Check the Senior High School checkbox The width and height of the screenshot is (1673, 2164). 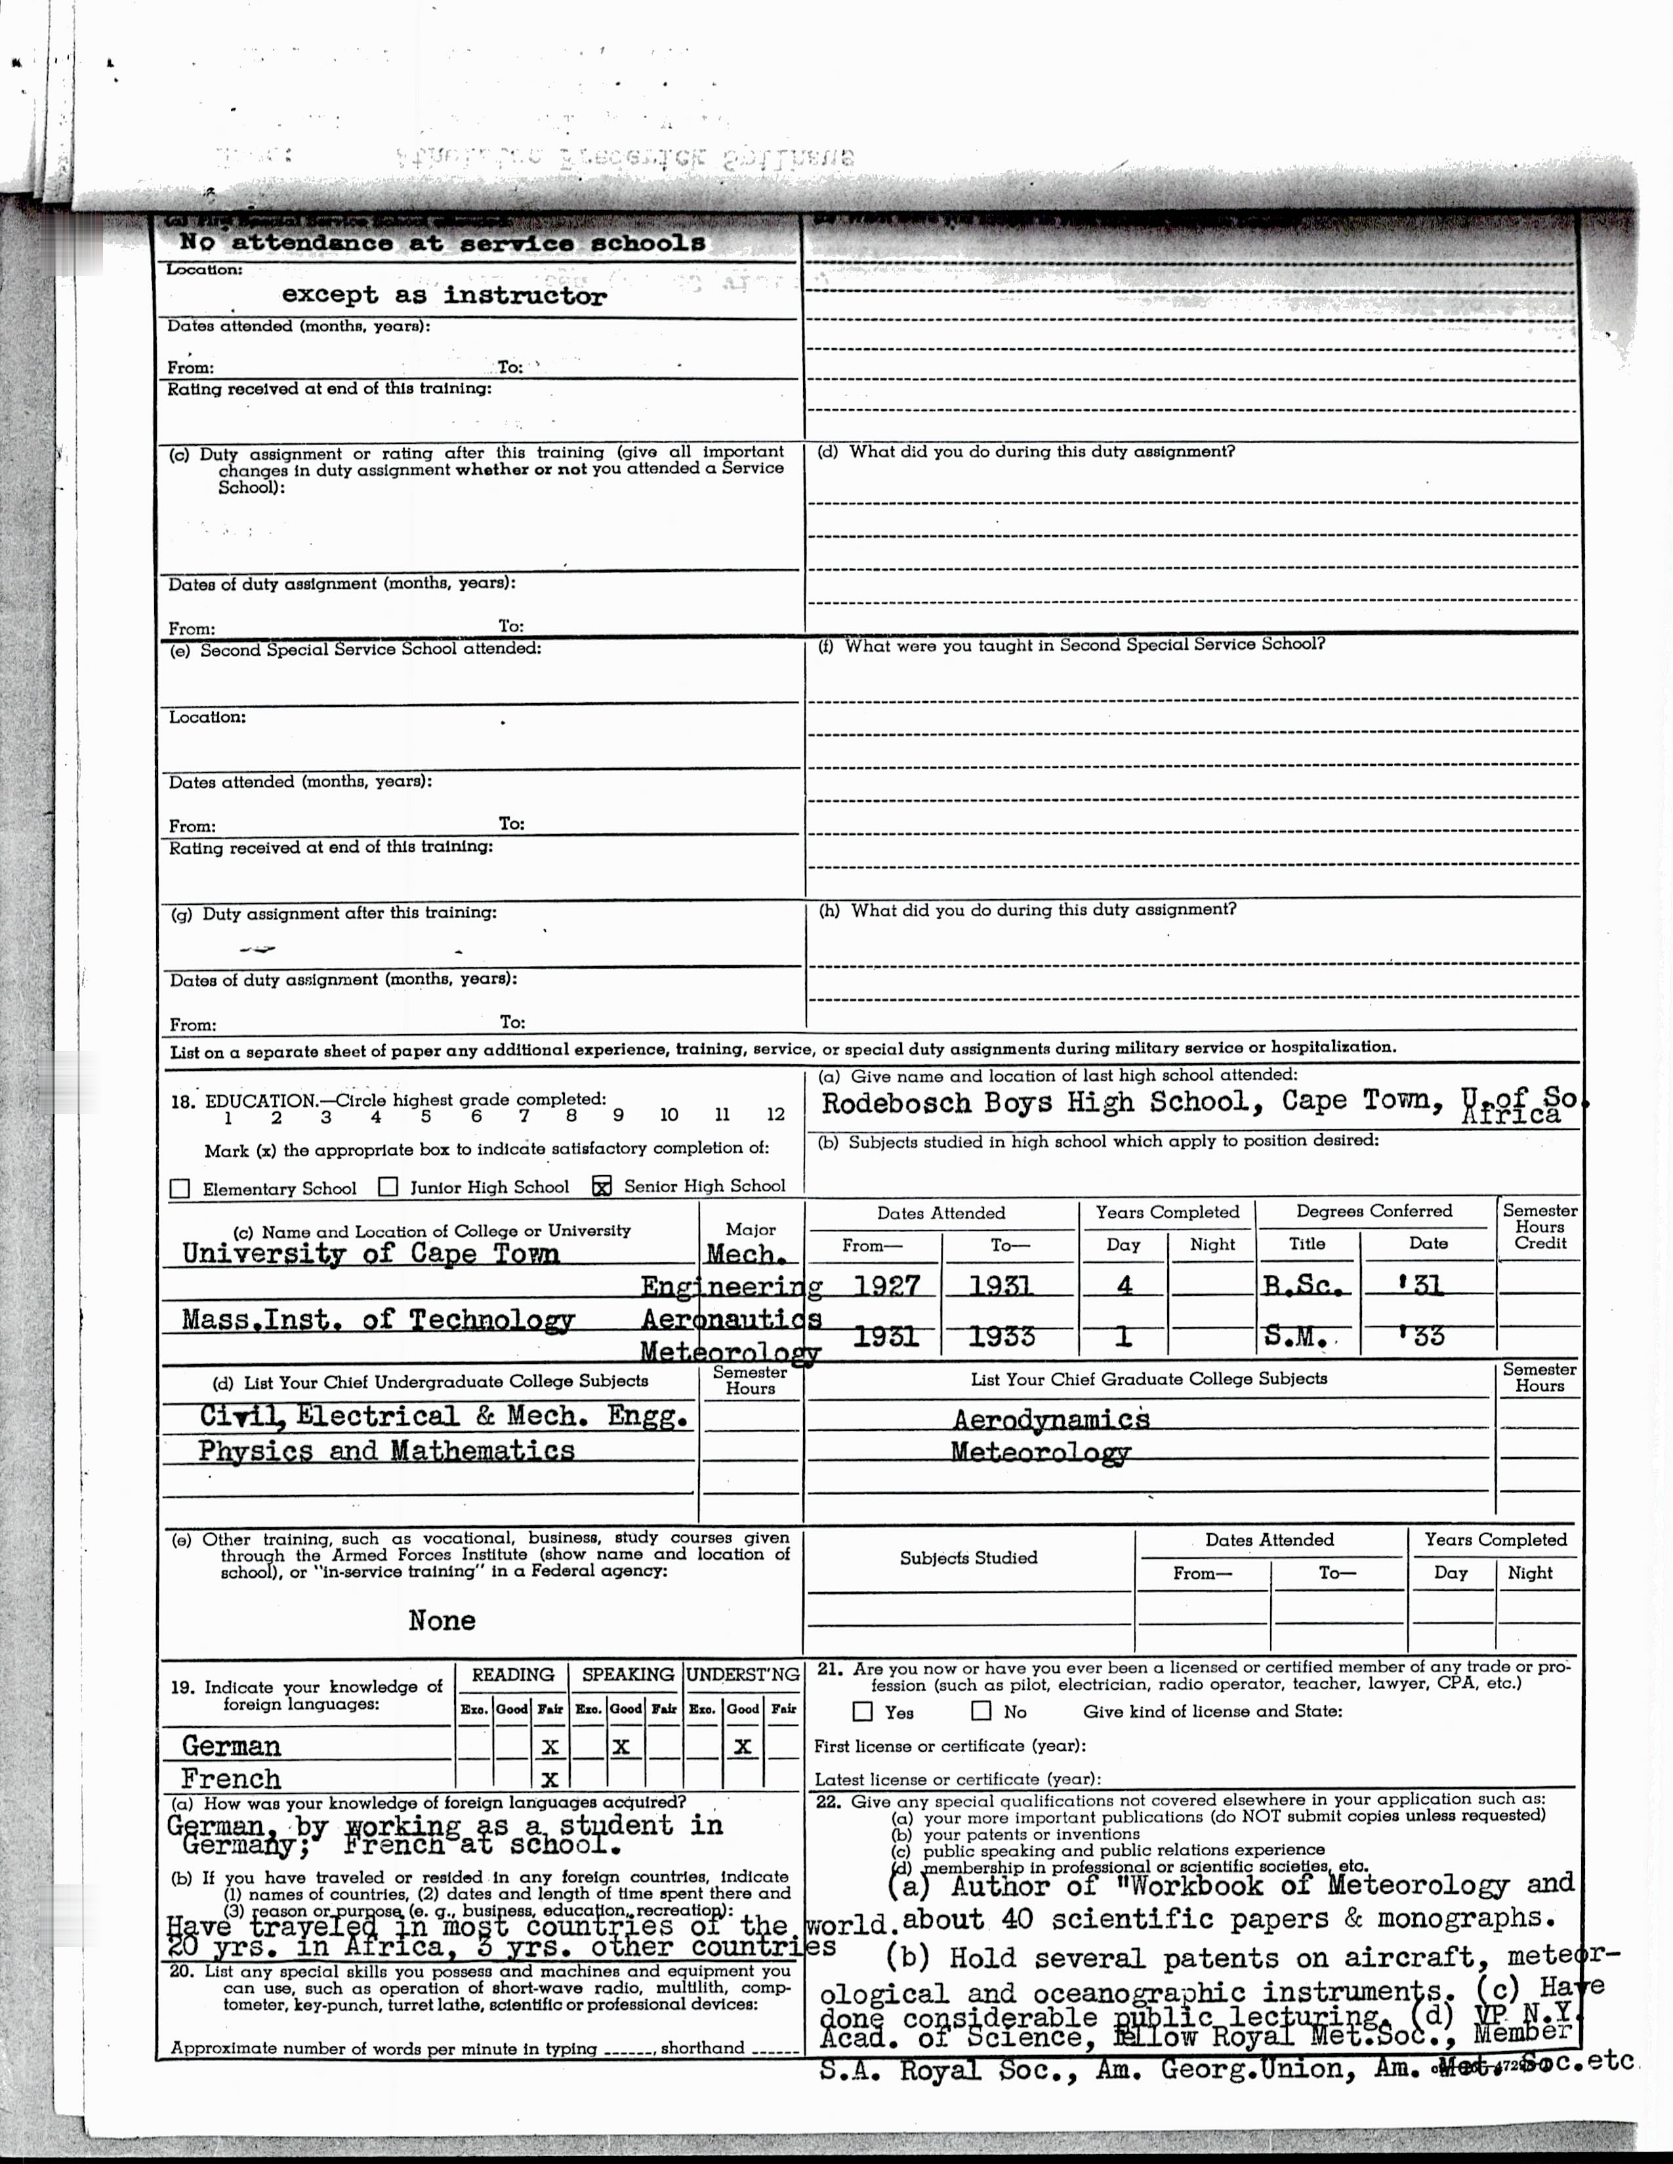point(602,1186)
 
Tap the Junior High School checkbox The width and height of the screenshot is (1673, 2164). point(388,1187)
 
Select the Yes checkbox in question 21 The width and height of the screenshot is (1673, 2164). point(862,1711)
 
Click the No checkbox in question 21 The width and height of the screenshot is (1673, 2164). point(981,1710)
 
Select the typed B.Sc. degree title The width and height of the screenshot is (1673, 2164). point(1304,1285)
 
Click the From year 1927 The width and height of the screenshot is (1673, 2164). point(886,1285)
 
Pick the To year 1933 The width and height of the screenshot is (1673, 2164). point(1001,1336)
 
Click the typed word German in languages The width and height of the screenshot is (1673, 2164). point(232,1745)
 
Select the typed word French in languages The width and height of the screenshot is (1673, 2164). point(231,1778)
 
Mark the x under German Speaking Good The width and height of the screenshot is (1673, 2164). point(621,1746)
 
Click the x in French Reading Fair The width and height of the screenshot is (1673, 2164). point(550,1778)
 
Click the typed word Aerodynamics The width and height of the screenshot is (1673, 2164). point(1050,1419)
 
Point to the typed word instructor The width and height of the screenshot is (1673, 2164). point(524,295)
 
